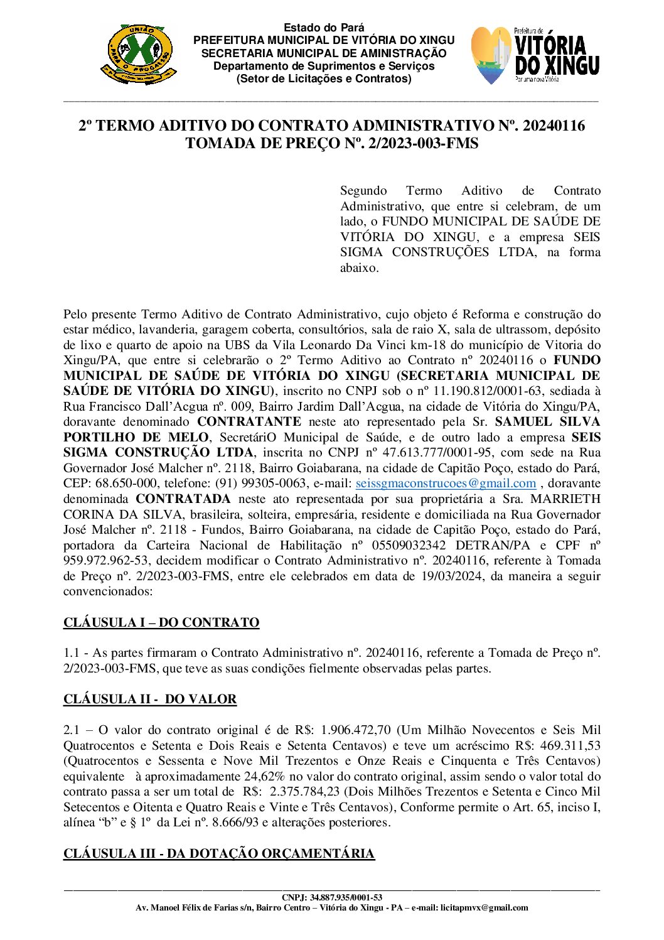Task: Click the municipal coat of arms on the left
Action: [138, 55]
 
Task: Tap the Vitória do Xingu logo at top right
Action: [535, 55]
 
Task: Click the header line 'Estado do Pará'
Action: [324, 28]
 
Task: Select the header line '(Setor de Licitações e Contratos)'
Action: [324, 79]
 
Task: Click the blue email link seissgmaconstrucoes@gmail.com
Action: [446, 484]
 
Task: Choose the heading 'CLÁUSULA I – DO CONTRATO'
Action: [161, 623]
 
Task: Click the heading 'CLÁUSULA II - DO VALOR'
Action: [150, 700]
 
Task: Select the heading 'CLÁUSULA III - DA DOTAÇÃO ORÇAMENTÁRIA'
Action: [219, 853]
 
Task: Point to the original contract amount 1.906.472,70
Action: [356, 730]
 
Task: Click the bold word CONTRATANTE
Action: [249, 422]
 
